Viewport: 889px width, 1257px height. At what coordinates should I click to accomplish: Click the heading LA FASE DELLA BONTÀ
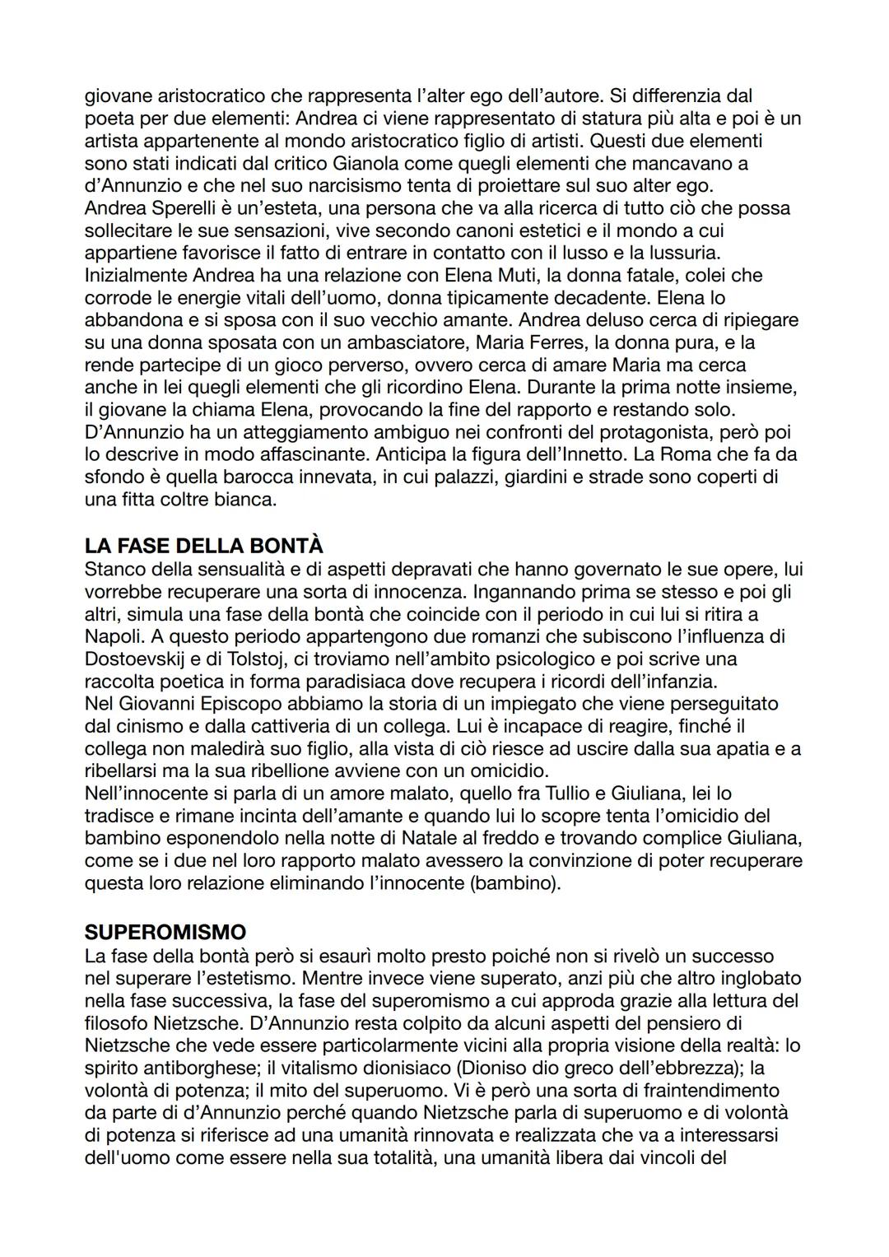pyautogui.click(x=203, y=546)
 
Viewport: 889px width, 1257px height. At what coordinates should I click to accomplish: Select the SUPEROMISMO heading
pyautogui.click(x=165, y=932)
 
